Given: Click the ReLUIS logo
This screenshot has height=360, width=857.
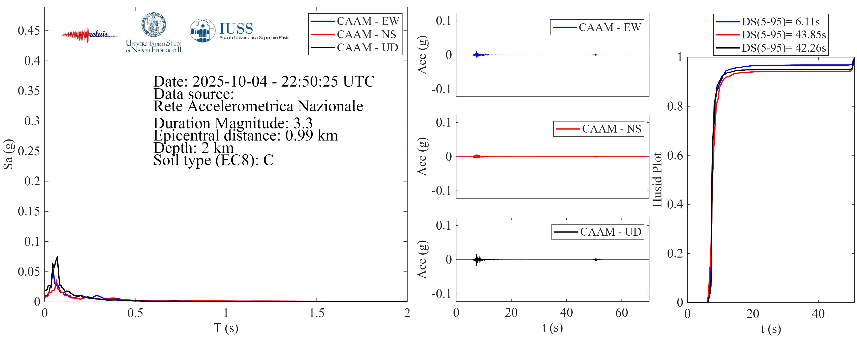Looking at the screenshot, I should (90, 35).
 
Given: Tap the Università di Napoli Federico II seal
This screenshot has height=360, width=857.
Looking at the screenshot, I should (154, 25).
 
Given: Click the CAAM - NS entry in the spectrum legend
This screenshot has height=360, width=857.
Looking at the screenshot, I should (366, 34).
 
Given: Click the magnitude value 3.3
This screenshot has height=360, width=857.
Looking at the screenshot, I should (303, 123).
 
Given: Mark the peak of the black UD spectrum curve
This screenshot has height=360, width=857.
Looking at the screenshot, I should (57, 257).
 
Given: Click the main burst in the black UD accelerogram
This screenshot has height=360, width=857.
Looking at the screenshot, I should (477, 259).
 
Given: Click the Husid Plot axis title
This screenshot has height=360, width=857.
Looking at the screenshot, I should (657, 180).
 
